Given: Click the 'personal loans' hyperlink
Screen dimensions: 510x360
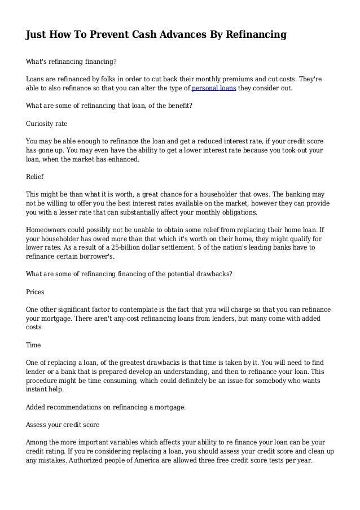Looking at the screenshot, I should point(214,89).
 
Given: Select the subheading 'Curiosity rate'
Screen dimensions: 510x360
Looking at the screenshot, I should point(47,123).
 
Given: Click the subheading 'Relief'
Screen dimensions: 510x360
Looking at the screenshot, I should point(36,176).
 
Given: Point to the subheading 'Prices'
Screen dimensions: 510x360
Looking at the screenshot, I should point(36,293).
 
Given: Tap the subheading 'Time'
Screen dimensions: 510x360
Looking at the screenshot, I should point(34,344).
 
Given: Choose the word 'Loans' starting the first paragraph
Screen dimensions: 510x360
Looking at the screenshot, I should point(36,80).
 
